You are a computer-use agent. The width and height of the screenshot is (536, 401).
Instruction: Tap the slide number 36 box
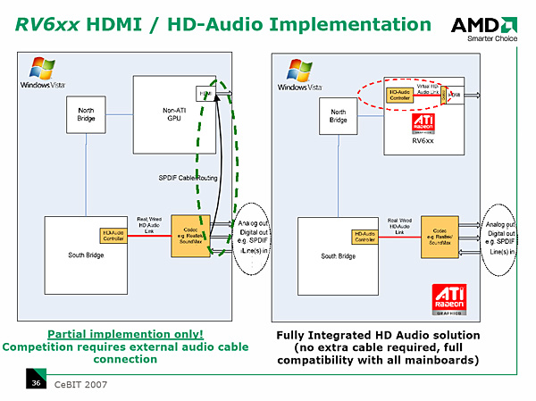pyautogui.click(x=37, y=383)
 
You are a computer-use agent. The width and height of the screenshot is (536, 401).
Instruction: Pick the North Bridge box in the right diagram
pyautogui.click(x=339, y=115)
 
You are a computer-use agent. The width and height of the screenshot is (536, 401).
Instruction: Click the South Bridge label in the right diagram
pyautogui.click(x=338, y=256)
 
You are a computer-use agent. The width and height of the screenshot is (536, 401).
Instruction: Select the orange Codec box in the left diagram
pyautogui.click(x=188, y=236)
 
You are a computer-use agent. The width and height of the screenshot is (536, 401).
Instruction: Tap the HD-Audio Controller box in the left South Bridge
pyautogui.click(x=113, y=236)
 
